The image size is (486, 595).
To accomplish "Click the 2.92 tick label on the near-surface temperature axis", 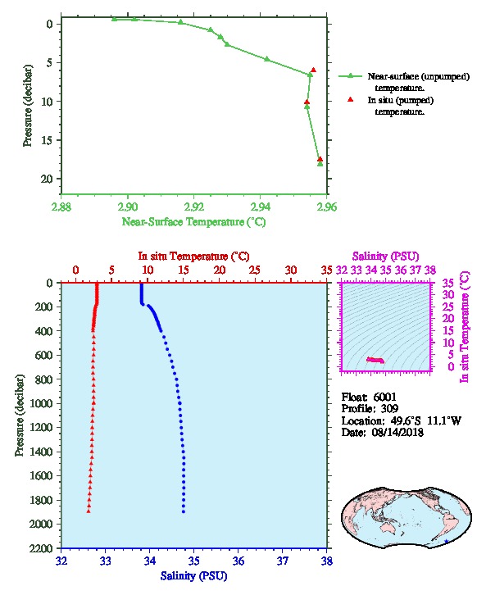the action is [x=193, y=207].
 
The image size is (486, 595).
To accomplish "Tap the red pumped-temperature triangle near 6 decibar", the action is [x=313, y=70].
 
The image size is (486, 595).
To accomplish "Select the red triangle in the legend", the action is [x=350, y=99].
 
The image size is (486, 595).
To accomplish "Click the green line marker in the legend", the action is [x=350, y=76].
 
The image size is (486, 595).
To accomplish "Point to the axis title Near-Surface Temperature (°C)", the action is [x=193, y=221].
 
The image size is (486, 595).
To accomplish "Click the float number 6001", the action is [x=384, y=397].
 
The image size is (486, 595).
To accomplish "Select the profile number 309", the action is [x=389, y=409].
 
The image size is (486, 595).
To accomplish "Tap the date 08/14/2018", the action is [x=397, y=432].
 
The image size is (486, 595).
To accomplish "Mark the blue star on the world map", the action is [x=446, y=541].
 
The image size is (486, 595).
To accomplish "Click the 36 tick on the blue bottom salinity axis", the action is [x=238, y=561].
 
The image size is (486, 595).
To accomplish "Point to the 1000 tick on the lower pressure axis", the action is [x=41, y=403].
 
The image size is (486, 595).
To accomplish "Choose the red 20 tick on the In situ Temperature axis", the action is [x=219, y=270].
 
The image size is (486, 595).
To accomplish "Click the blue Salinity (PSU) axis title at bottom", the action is [x=193, y=575].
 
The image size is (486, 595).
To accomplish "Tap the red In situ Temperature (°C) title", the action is [x=193, y=257].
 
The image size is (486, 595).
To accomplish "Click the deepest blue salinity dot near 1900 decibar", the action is [x=184, y=511].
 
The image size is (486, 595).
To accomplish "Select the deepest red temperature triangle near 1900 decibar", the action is [x=89, y=511].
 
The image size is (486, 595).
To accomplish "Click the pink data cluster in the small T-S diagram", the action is [x=375, y=360].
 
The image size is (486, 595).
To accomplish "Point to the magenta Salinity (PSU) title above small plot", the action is [x=385, y=257].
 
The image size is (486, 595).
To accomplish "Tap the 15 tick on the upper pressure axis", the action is [x=49, y=140].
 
